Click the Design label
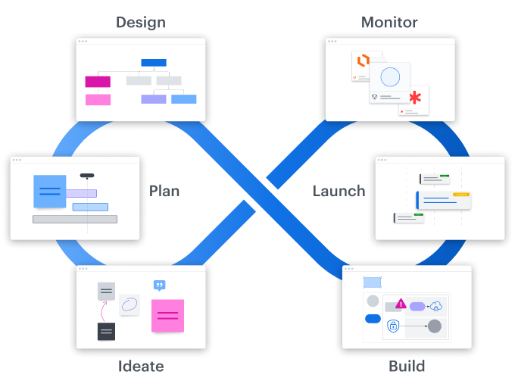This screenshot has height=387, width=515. (141, 22)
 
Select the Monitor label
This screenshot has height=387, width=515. (389, 22)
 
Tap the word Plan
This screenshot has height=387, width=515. (164, 190)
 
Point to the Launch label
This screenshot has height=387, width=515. (338, 191)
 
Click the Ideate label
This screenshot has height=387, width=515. (141, 367)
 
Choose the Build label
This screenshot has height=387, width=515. (407, 367)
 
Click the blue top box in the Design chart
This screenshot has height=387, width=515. (154, 63)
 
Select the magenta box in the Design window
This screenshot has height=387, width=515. (98, 82)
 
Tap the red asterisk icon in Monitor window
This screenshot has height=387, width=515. (415, 98)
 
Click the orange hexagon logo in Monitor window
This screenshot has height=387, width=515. (363, 61)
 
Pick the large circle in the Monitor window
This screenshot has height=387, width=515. (390, 77)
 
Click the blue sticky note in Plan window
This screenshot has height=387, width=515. (49, 191)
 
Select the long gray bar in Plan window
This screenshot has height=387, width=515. (75, 219)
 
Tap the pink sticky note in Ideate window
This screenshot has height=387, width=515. (168, 315)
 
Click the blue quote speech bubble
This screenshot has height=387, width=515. (159, 286)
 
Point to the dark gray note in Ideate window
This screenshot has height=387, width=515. (106, 331)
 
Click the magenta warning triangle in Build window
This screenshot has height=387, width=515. (400, 304)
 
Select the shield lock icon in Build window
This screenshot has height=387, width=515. (393, 326)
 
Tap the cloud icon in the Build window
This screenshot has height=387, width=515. (435, 306)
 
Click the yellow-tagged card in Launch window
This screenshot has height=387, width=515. (444, 200)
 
